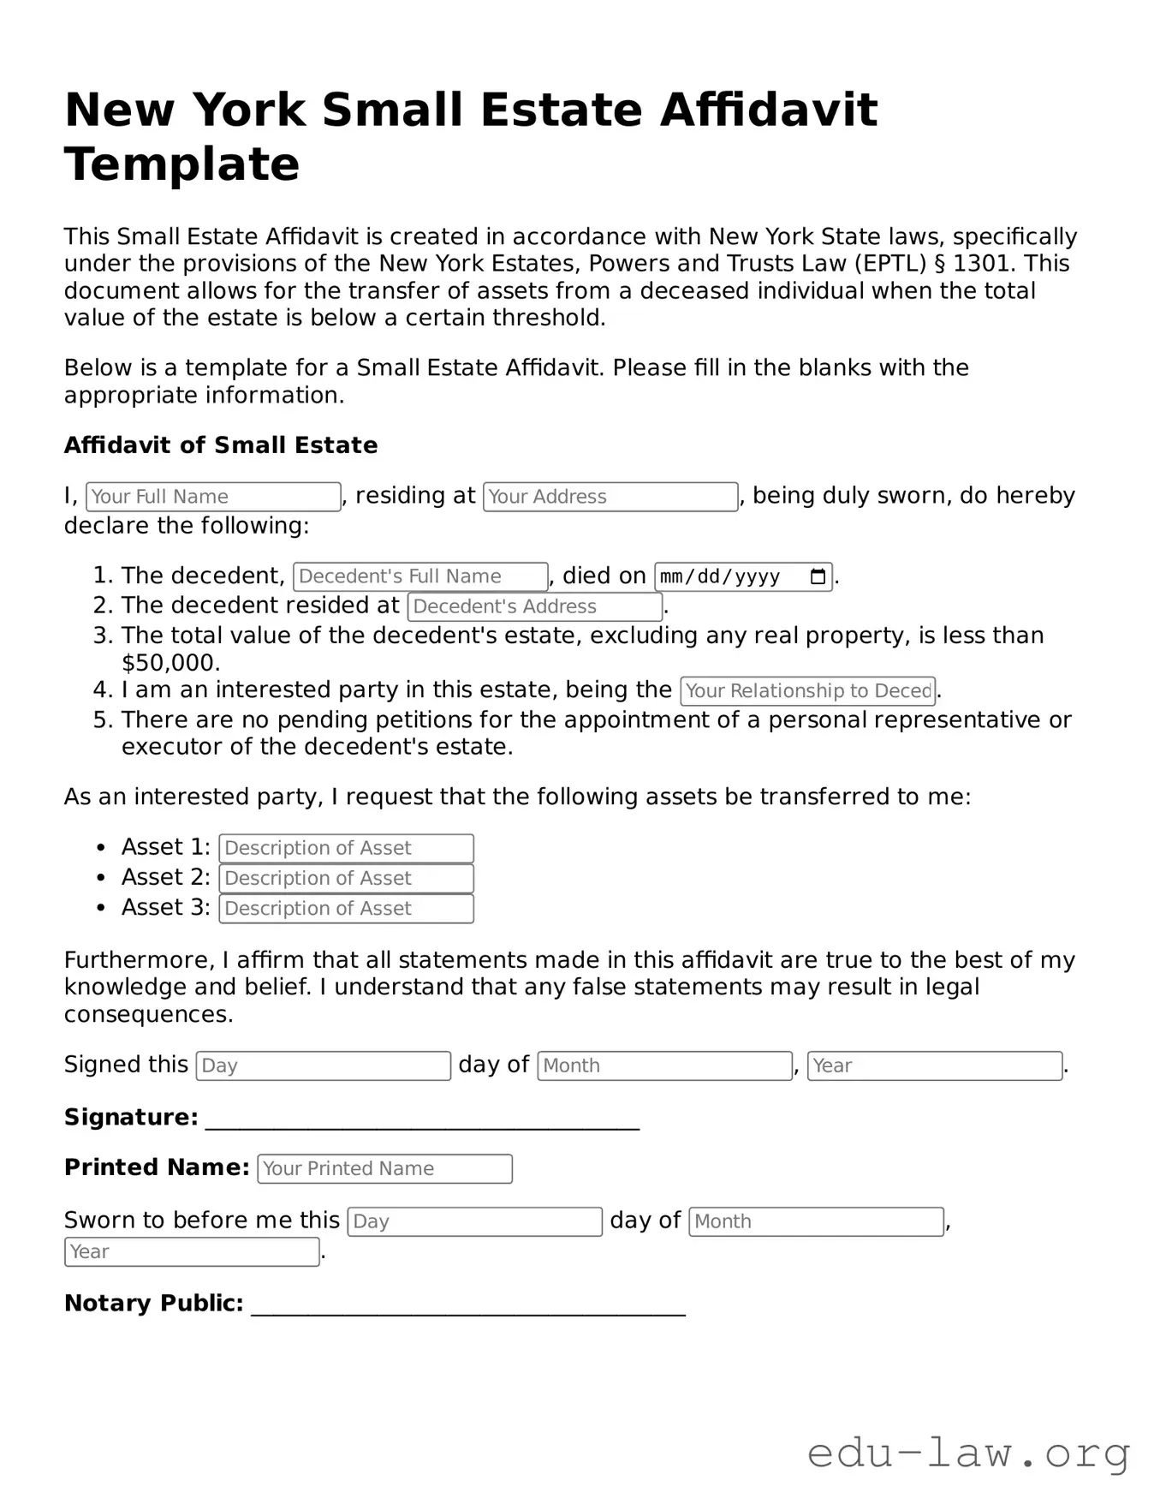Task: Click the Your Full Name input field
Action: coord(213,497)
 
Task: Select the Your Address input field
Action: coord(610,497)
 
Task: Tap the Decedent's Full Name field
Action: coord(419,576)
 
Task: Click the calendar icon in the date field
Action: coord(818,576)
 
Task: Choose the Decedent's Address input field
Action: coord(534,606)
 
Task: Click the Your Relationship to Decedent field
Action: coord(807,691)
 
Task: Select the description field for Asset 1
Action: coord(346,848)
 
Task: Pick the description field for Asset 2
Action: coord(346,879)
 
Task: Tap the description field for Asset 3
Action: coord(346,909)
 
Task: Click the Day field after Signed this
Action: coord(323,1065)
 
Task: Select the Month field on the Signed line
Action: coord(664,1065)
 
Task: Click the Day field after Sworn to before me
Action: coord(474,1221)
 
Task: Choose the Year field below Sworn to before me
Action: coord(192,1252)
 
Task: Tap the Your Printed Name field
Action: coord(384,1169)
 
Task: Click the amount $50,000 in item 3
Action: coord(170,663)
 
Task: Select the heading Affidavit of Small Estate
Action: coord(221,445)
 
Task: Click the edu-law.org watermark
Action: coord(968,1453)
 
